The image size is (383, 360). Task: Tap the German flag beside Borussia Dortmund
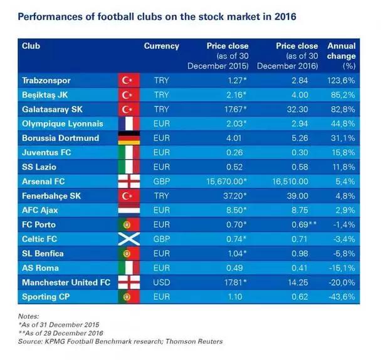click(128, 138)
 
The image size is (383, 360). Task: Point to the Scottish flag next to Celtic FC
click(128, 239)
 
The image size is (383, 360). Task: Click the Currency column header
click(161, 46)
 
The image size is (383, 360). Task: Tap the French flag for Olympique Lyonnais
click(128, 124)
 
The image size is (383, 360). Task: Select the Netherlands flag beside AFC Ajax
click(128, 210)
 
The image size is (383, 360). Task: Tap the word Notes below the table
click(28, 317)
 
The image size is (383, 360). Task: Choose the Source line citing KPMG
click(120, 342)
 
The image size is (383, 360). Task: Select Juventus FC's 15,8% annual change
click(344, 153)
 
